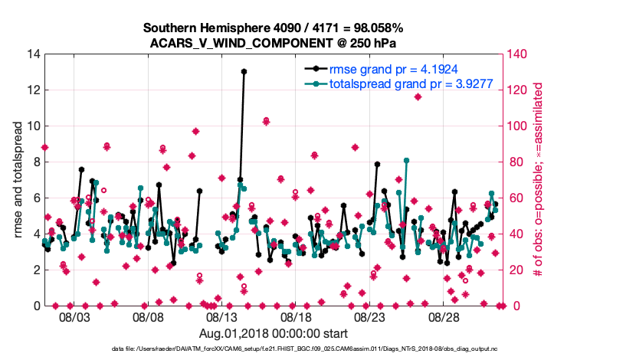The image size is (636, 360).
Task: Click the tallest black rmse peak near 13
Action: pos(244,71)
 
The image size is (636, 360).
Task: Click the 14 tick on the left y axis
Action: pos(33,54)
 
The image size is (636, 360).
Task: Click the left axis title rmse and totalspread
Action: pos(18,180)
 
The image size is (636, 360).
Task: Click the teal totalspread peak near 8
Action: pos(406,161)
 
